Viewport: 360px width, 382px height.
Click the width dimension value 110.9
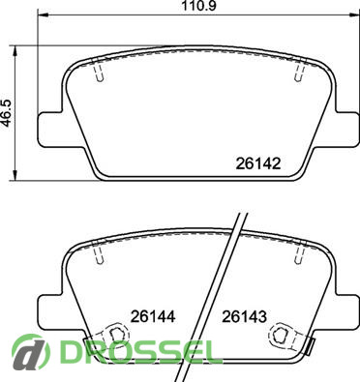point(198,6)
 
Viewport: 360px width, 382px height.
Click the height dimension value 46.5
point(7,113)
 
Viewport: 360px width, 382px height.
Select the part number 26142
point(258,163)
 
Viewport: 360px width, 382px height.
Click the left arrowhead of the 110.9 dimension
point(44,15)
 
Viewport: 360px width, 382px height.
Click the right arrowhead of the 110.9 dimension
point(354,15)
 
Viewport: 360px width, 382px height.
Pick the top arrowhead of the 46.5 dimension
point(15,50)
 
